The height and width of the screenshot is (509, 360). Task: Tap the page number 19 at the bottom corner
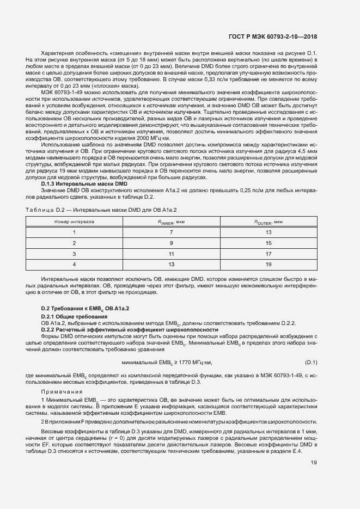coord(313,463)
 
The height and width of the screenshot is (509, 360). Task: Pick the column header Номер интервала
coord(74,222)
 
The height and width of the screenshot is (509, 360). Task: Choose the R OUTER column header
coord(268,222)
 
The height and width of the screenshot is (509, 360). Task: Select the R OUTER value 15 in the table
coord(268,243)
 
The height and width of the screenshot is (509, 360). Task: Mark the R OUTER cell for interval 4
coord(268,264)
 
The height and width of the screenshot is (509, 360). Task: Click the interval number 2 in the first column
coord(74,243)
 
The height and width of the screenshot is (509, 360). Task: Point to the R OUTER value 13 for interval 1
coord(268,232)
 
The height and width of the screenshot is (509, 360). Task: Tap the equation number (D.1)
coord(311,363)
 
